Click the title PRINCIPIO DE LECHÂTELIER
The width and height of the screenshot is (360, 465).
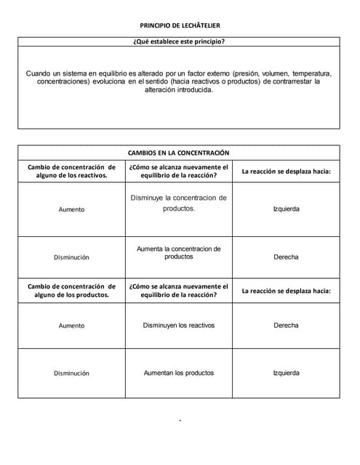[179, 25]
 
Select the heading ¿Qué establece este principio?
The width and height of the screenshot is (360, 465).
[179, 41]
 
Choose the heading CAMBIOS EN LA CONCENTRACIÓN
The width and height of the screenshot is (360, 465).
[179, 153]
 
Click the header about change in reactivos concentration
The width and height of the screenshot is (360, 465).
[71, 171]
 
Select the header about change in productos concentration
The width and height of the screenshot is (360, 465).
[71, 291]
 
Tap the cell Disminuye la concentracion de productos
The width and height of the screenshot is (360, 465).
[179, 203]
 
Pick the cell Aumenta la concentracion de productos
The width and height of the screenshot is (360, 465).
[179, 253]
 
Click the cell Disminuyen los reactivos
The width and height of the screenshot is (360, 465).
[179, 325]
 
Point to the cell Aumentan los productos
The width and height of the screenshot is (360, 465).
[179, 373]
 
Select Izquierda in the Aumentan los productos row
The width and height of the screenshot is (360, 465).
[286, 373]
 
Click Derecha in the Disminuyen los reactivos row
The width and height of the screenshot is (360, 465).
[286, 325]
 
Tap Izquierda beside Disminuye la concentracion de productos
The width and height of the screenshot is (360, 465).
[286, 209]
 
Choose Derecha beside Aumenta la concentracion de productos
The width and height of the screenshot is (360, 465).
[286, 257]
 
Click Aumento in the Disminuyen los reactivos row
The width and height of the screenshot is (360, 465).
[71, 325]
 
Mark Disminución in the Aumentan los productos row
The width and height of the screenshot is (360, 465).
[71, 373]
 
